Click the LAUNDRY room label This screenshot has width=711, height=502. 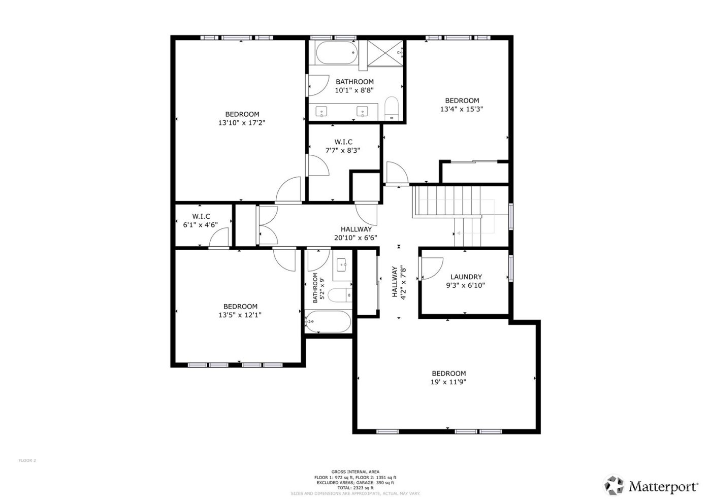tap(466, 277)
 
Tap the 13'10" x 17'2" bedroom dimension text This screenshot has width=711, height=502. tap(242, 123)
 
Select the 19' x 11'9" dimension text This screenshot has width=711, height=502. tap(448, 382)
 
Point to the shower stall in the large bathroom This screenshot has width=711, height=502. tap(385, 53)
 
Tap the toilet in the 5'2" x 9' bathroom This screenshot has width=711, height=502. tap(339, 295)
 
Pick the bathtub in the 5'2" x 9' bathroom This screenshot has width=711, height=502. tap(328, 321)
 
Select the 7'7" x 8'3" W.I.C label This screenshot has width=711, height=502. tap(343, 142)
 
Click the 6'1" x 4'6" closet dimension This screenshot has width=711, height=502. tap(201, 224)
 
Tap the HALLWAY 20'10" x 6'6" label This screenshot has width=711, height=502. tap(355, 233)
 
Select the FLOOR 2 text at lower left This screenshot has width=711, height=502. tap(27, 460)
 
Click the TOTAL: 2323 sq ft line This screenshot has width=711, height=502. tap(355, 488)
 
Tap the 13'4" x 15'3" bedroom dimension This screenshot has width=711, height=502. tap(462, 109)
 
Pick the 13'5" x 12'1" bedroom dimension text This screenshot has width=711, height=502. tap(240, 315)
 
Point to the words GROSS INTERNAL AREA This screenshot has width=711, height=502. tap(355, 472)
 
